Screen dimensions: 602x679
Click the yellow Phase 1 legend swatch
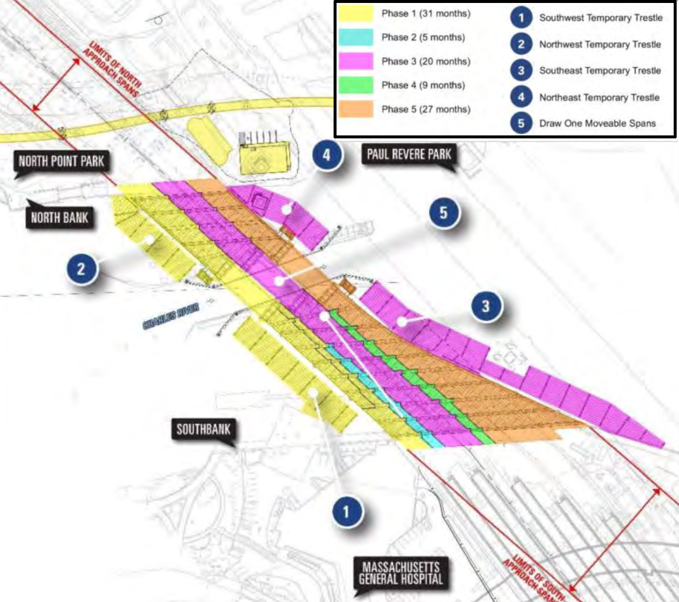(x=355, y=14)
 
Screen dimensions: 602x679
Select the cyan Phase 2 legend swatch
(x=355, y=38)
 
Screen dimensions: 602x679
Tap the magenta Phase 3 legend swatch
(x=355, y=62)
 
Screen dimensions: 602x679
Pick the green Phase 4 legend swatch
(x=355, y=85)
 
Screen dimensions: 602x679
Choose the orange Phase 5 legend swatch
(x=355, y=109)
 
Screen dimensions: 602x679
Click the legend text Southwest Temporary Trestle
(x=600, y=18)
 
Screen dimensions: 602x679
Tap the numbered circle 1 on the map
(x=347, y=513)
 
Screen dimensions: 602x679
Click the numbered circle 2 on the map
(x=82, y=270)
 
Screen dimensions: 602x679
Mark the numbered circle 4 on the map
(x=326, y=157)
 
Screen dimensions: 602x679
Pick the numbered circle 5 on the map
(x=444, y=214)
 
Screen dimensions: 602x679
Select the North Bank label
(x=60, y=217)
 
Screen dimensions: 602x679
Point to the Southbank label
(x=203, y=429)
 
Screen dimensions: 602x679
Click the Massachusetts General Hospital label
(x=399, y=571)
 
